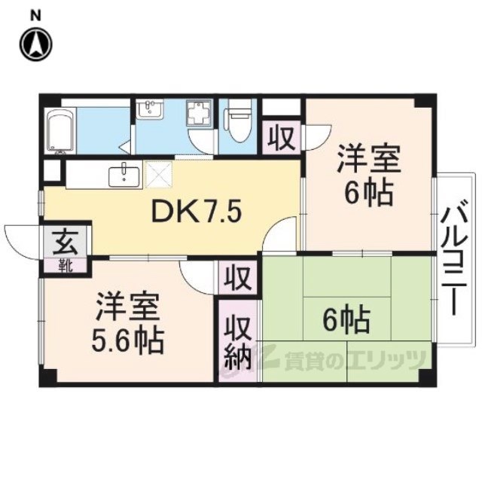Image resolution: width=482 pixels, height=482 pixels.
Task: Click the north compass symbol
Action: coord(36,44)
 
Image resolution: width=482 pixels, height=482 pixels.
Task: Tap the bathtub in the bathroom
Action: coord(60,131)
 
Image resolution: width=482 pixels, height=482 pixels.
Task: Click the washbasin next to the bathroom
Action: coord(150,109)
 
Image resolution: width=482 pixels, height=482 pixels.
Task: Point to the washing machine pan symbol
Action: coord(199,113)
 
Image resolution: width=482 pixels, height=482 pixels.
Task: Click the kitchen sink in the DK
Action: coord(124,175)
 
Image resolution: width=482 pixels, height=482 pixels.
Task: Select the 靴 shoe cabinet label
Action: coord(66,266)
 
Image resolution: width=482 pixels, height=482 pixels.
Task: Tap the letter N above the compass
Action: coord(36,16)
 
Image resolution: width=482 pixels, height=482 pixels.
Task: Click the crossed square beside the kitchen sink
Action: coord(159,174)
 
